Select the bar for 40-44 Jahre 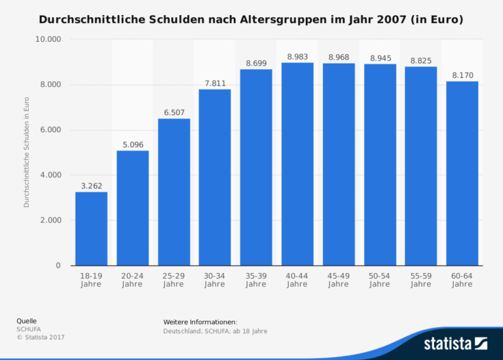click(297, 164)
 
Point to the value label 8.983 click(297, 57)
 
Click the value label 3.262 click(91, 186)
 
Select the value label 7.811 click(215, 83)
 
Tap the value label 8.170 click(462, 75)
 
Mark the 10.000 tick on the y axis click(47, 39)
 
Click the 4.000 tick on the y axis click(49, 175)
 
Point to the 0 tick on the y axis click(58, 266)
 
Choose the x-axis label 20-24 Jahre click(132, 280)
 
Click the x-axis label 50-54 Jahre click(380, 280)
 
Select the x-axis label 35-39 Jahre click(256, 280)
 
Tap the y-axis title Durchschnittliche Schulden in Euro click(27, 152)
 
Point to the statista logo click(455, 343)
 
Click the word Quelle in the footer click(27, 321)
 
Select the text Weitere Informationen click(200, 322)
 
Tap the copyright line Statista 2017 click(41, 336)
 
